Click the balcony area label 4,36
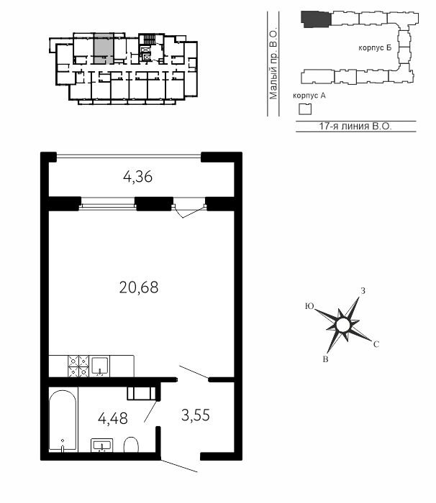coord(137,177)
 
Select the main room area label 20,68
coord(139,287)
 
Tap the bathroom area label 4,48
coord(113,418)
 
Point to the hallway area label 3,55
coord(196,415)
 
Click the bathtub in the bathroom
coord(63,420)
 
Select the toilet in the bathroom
coord(131,445)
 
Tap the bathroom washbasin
coord(102,445)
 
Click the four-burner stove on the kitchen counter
coord(78,366)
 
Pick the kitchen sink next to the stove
coord(99,366)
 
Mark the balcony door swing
coord(189,212)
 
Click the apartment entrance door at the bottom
coord(179,466)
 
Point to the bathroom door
coord(150,411)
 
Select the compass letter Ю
coord(309,306)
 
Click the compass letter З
coord(363,291)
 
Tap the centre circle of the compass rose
coord(342,325)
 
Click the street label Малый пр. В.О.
coord(273,65)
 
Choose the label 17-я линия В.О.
coord(355,126)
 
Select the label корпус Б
coord(375,48)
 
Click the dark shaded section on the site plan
coord(316,19)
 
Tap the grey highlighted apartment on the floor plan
coord(104,48)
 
